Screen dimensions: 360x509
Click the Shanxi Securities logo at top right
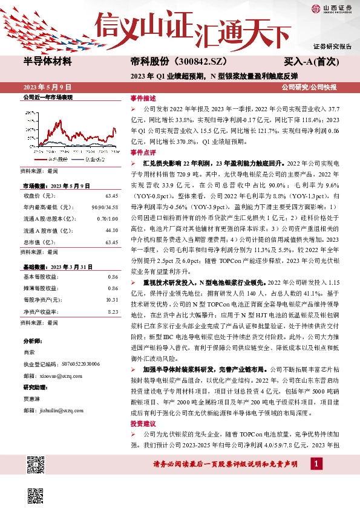tap(332, 8)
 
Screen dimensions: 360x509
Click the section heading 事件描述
tap(143, 98)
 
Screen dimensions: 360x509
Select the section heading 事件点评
tap(143, 153)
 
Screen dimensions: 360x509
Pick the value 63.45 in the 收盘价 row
tap(111, 196)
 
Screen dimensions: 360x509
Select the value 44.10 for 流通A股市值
tap(111, 229)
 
